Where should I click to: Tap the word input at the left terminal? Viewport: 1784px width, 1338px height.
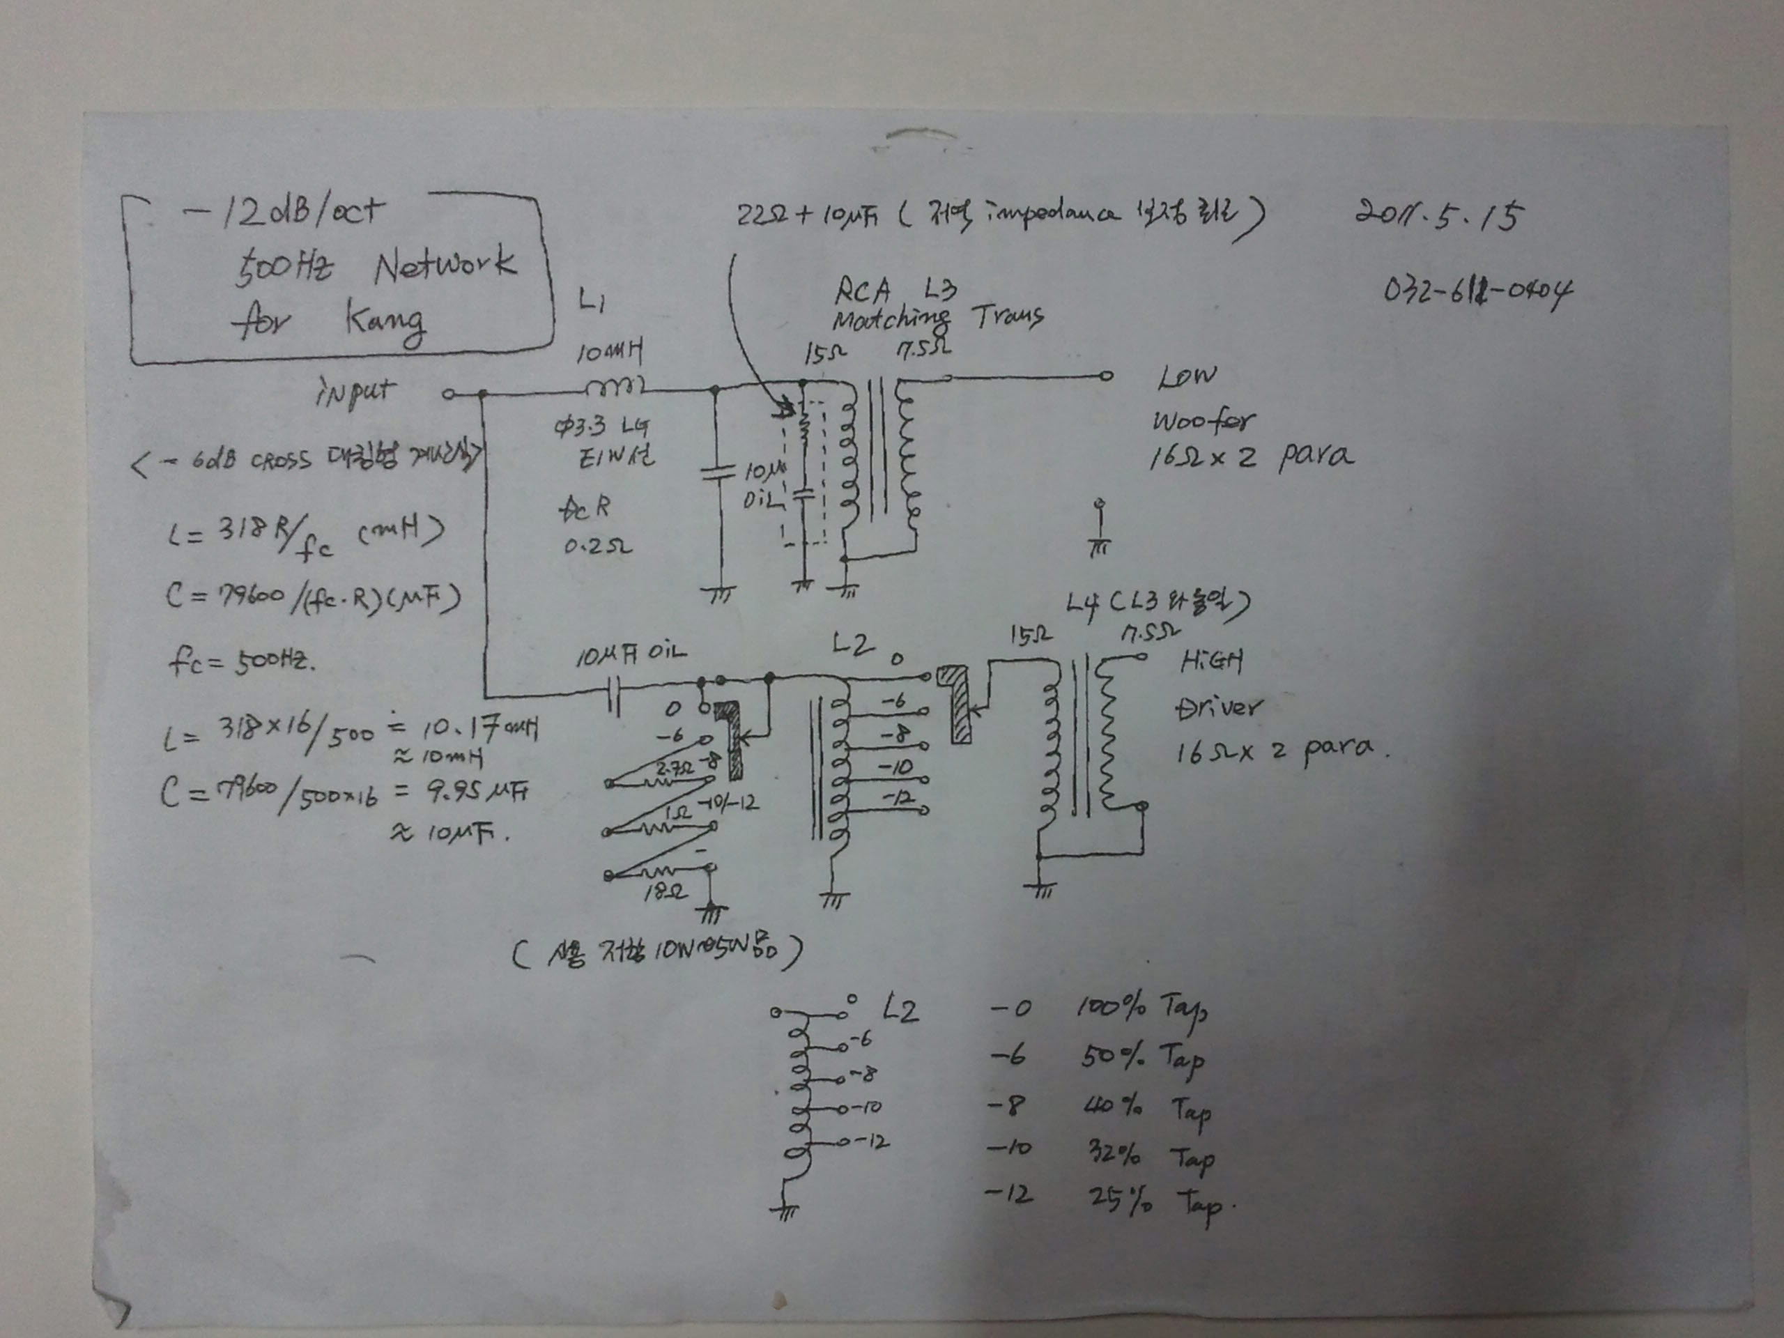tap(355, 394)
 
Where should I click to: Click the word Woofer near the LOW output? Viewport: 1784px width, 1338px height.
tap(1204, 420)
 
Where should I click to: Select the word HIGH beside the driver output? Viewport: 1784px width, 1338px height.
tap(1210, 662)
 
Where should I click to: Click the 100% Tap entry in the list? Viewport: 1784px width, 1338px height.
tap(1142, 1009)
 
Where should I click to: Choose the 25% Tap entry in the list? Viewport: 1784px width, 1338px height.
tap(1153, 1201)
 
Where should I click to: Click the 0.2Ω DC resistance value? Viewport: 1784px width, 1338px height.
tap(597, 547)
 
